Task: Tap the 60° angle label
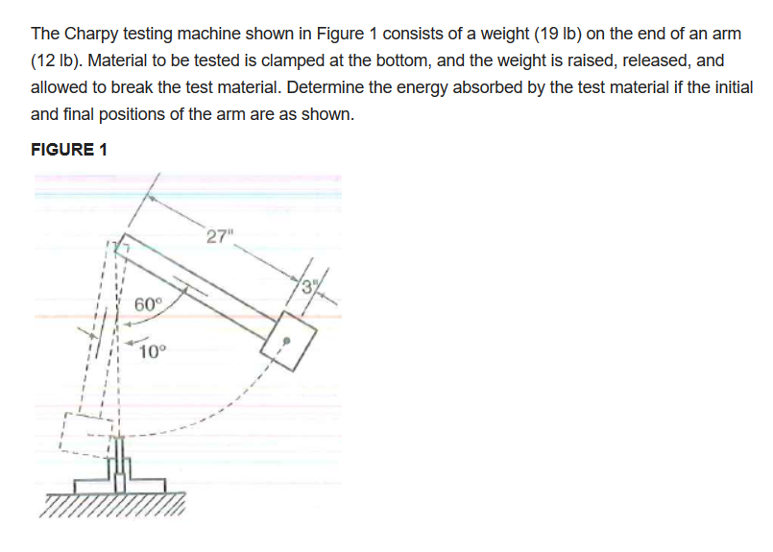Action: pos(149,305)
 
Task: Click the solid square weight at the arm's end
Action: pos(285,341)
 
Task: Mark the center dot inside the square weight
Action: pos(284,340)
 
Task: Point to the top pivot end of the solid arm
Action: pos(121,249)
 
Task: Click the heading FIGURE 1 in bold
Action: pos(69,150)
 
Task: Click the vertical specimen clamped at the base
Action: pos(123,459)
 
